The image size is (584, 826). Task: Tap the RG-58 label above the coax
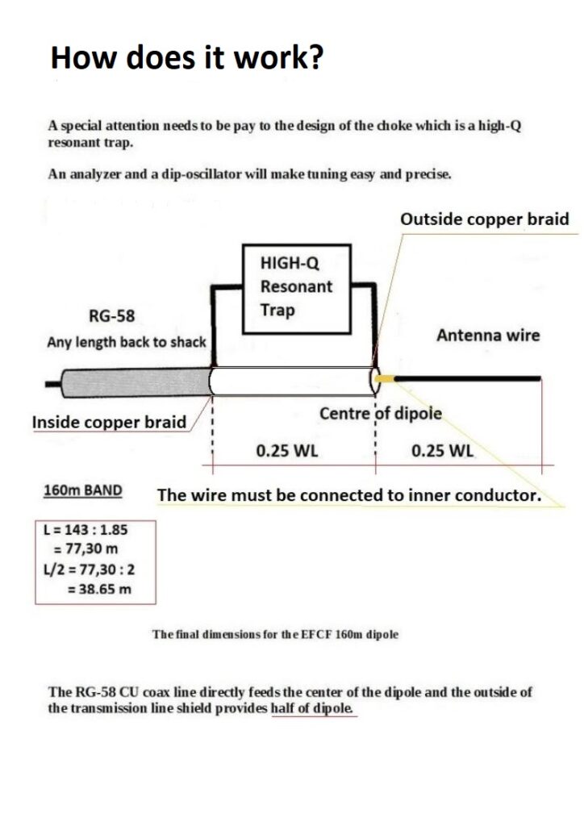[111, 316]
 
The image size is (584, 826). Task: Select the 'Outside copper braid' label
[485, 219]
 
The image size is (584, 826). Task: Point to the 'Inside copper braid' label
[110, 423]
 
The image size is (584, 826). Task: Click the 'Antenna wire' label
[488, 336]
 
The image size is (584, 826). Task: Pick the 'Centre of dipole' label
[380, 414]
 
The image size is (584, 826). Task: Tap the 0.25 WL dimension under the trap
[287, 452]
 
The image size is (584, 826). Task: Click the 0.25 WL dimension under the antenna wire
[442, 452]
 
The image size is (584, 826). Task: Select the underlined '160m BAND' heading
[82, 490]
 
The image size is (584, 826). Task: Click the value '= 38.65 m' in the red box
[99, 589]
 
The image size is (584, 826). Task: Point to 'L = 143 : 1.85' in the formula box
[86, 529]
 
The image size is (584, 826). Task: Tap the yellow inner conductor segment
[385, 378]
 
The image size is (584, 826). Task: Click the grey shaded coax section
[136, 382]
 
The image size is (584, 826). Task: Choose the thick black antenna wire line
[468, 378]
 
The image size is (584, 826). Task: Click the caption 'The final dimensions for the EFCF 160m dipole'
[275, 634]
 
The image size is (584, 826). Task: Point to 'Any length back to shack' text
[127, 342]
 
